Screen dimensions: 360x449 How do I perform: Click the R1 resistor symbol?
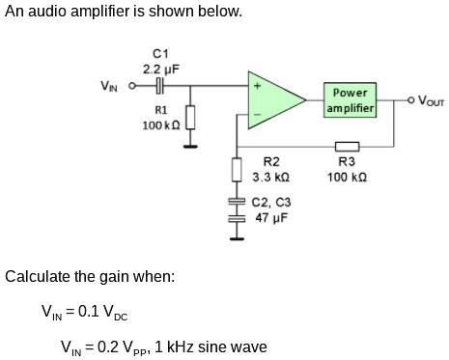point(189,117)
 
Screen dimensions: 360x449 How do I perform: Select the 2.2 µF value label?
point(160,69)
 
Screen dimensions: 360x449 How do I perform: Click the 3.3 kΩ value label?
point(271,179)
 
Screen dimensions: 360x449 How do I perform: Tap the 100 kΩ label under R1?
point(156,125)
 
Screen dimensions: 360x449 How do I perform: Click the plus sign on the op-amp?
point(256,85)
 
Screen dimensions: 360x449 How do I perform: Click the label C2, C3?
point(271,203)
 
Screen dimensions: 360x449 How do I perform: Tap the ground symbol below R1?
point(189,147)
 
